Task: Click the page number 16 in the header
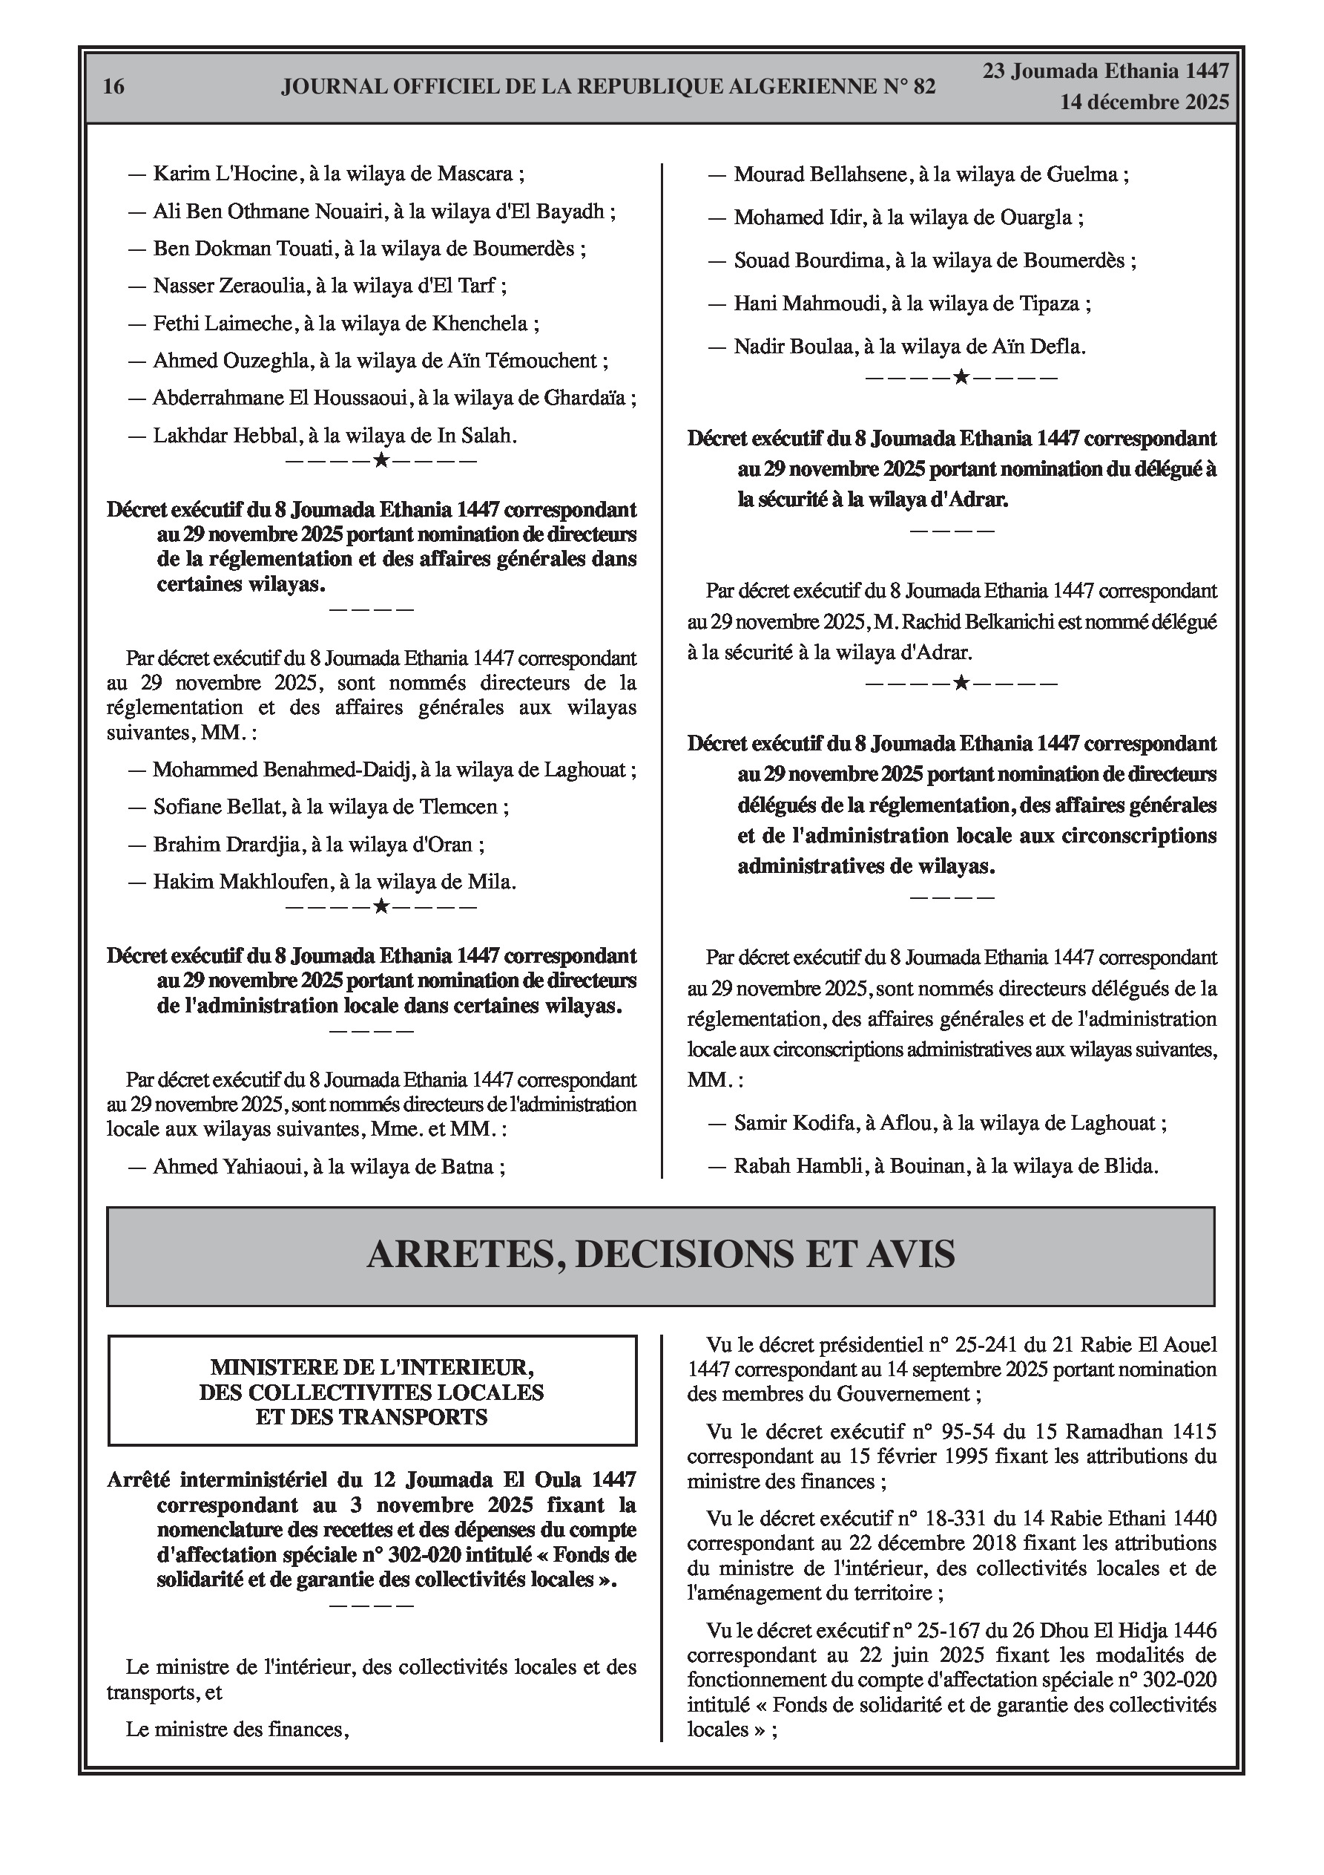coord(113,87)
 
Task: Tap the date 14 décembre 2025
coord(1144,103)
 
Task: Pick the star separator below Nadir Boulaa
coord(961,377)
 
